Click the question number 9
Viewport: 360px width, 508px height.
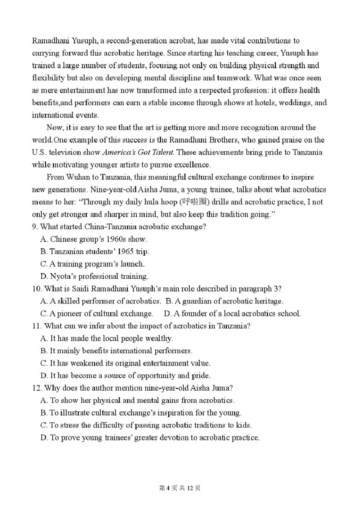[x=35, y=227]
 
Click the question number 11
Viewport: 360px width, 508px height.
[x=36, y=326]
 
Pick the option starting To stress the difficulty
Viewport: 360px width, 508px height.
[x=146, y=425]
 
